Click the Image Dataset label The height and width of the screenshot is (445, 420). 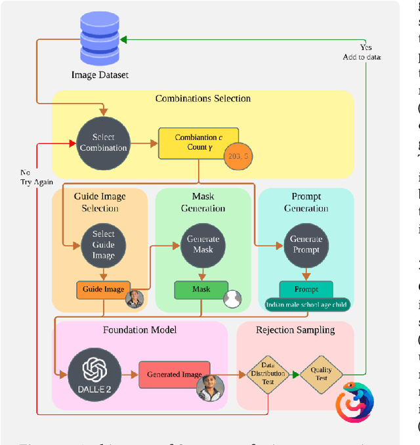(x=100, y=75)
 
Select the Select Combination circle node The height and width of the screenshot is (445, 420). (x=103, y=142)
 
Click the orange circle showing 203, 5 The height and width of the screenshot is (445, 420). (x=237, y=156)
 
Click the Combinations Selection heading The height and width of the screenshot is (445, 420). (x=203, y=98)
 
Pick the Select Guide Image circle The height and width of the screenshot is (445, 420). (x=103, y=244)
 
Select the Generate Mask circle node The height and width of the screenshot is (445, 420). (x=203, y=244)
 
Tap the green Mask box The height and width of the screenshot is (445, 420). (x=201, y=289)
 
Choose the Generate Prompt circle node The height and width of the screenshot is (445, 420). (x=306, y=244)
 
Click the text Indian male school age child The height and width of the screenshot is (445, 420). (x=306, y=305)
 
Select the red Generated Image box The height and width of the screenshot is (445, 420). (x=174, y=374)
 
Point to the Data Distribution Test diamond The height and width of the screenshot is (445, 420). (x=268, y=373)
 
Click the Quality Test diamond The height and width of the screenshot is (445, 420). (x=322, y=373)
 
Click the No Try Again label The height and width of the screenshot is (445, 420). (x=36, y=177)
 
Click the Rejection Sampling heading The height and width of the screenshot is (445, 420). (x=295, y=330)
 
